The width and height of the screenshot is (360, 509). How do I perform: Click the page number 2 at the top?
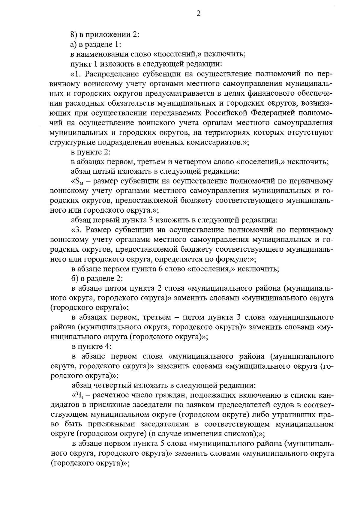198,14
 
